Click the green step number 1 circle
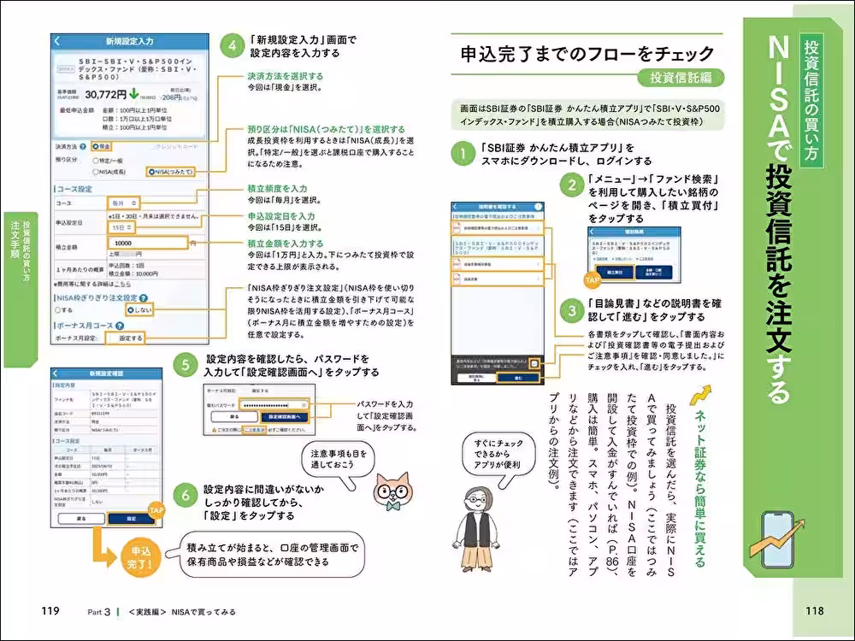click(463, 154)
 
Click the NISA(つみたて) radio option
click(180, 171)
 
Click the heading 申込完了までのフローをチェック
click(587, 54)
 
